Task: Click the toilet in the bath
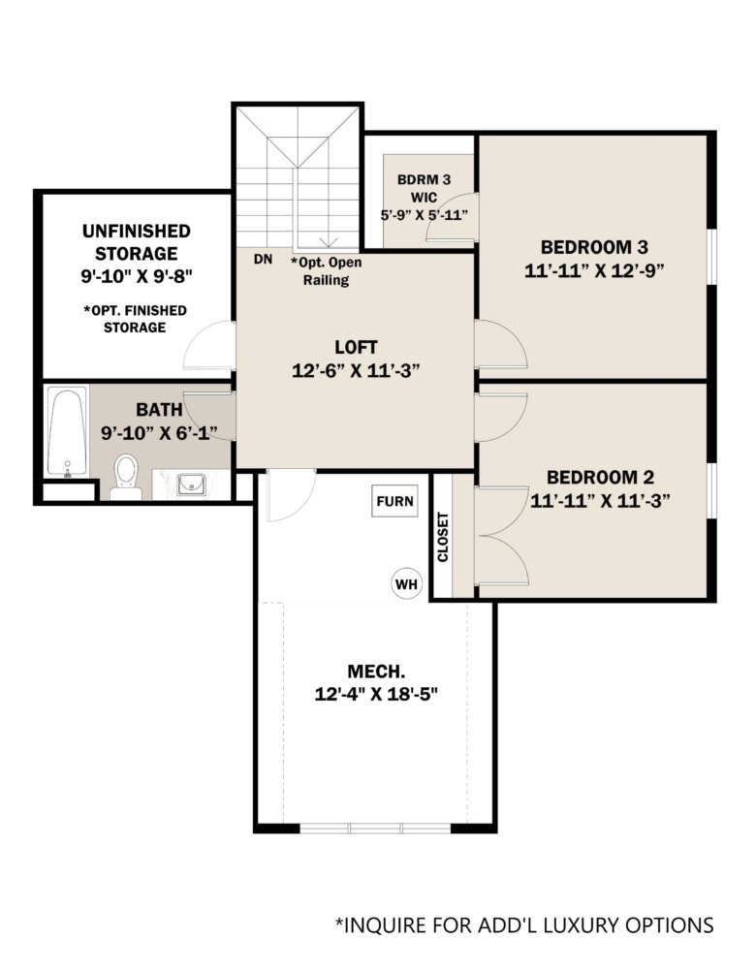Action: tap(126, 477)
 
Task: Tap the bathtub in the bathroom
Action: tap(67, 432)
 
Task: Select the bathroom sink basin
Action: tap(191, 485)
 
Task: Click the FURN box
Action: tap(394, 501)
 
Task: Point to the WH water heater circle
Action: tap(406, 584)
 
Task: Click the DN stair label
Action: tap(263, 259)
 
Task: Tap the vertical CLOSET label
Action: tap(443, 537)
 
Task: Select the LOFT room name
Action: tap(356, 347)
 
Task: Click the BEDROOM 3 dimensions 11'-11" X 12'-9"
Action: tap(594, 271)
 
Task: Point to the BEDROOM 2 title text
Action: tap(600, 478)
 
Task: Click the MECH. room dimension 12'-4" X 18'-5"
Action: tap(376, 694)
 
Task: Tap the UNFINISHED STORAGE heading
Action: tap(136, 242)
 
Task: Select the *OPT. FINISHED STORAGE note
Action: tap(135, 319)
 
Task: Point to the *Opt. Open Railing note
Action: tap(326, 271)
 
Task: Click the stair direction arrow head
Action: tap(328, 241)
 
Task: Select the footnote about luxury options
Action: tap(524, 925)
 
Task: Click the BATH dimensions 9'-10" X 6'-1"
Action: tap(159, 432)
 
